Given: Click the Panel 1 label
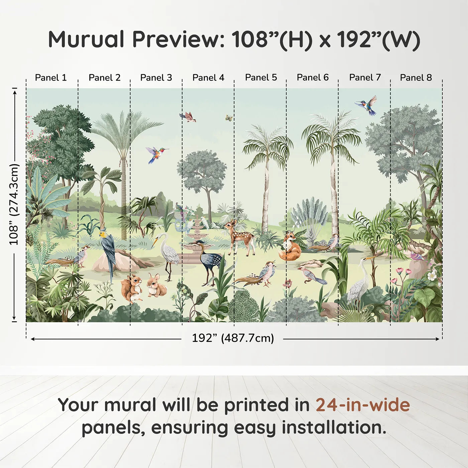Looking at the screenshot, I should pos(51,78).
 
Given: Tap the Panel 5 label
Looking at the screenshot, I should pos(261,78).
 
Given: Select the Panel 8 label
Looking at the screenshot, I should pos(416,78).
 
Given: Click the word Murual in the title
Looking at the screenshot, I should pos(86,39).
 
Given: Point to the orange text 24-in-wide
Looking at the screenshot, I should pos(362,405).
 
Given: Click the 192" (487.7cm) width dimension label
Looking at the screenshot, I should pos(233,338).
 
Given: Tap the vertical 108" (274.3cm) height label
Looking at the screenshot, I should pos(14,204).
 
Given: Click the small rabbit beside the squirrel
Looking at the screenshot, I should pos(155,286).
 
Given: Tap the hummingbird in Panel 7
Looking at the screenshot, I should pos(367,104).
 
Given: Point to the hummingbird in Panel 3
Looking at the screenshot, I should pos(156,154).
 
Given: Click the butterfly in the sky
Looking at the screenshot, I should pos(229,118).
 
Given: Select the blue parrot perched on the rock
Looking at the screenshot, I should pos(108,251).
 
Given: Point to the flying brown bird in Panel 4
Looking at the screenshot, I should pos(188,117).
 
